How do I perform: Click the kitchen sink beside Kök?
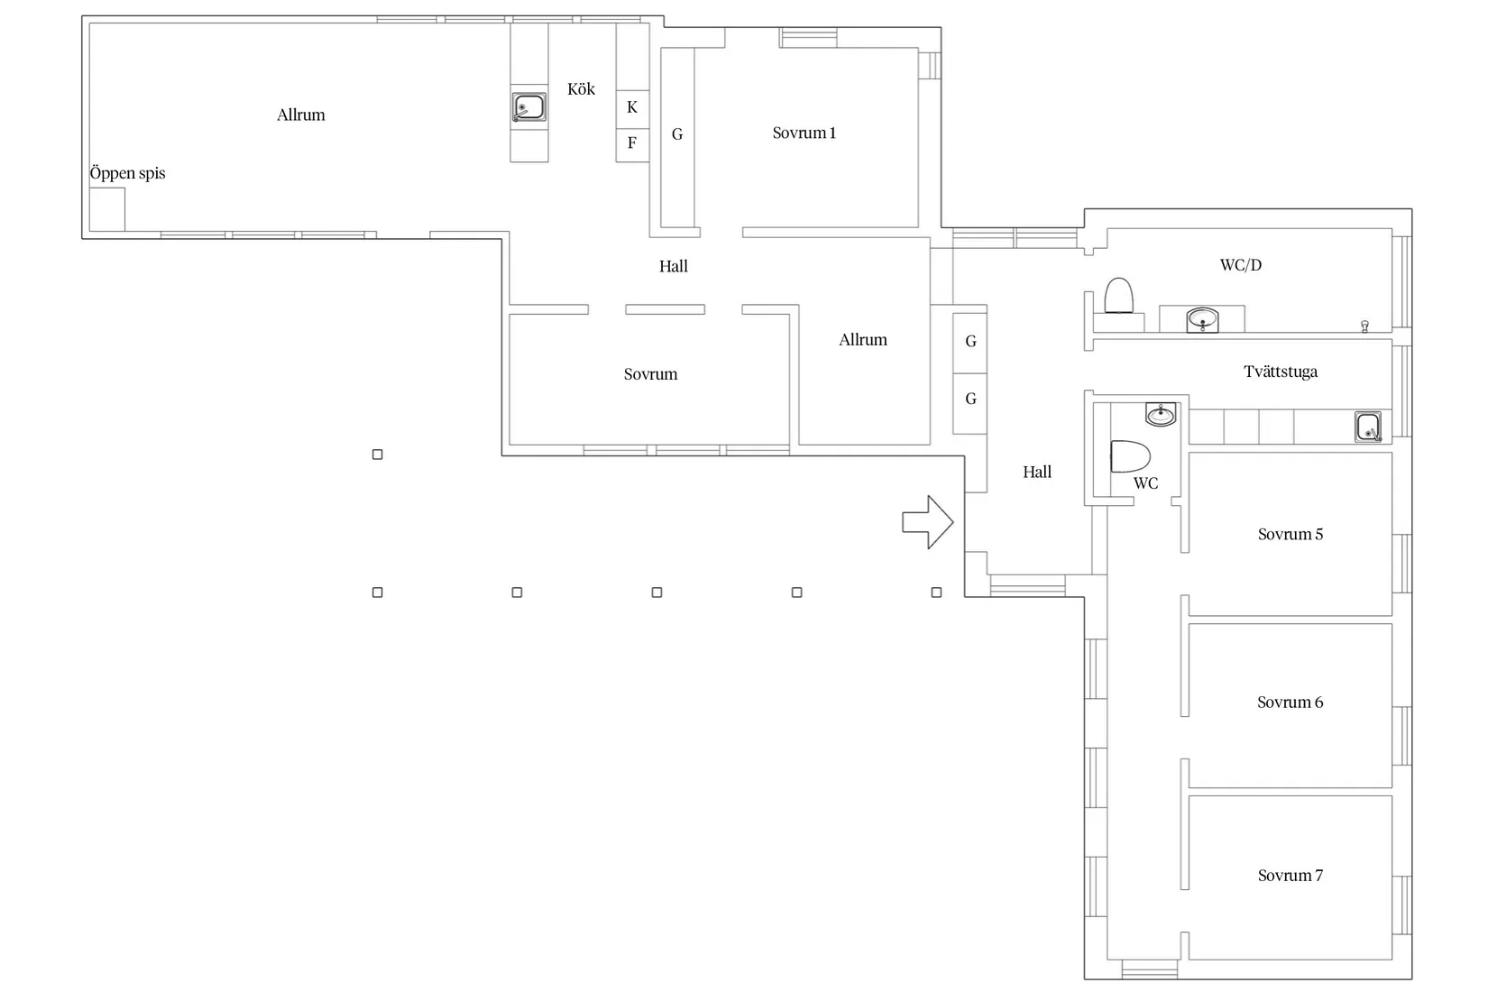528,107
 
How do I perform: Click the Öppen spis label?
127,173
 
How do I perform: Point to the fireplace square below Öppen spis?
107,209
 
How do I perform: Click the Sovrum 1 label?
804,133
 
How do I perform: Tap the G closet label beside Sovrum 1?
677,134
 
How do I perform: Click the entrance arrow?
927,522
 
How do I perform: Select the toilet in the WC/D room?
1118,296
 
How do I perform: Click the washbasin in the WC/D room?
1202,319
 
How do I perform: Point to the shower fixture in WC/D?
1364,326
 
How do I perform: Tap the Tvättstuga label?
1280,372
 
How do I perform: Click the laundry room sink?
1368,427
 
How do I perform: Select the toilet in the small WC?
1130,456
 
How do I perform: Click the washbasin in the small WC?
1161,414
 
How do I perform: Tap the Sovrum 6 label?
1290,703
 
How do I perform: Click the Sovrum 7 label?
1290,876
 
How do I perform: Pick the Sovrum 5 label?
1290,534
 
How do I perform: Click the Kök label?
582,89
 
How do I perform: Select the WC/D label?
1241,265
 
